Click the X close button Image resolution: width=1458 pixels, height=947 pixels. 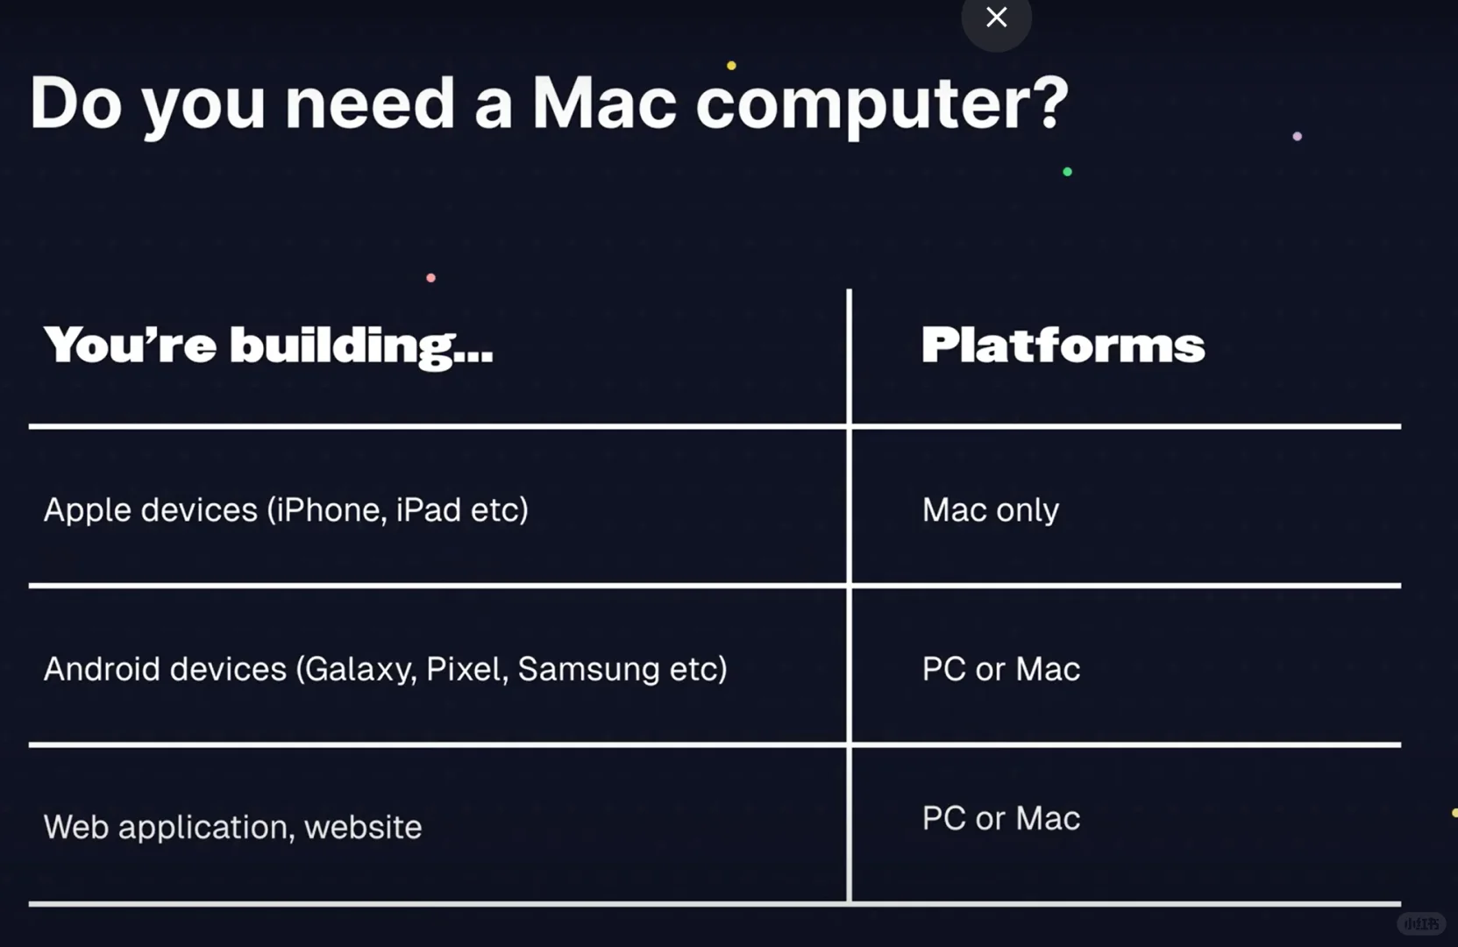click(x=996, y=18)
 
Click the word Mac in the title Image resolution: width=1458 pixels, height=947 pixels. click(x=604, y=104)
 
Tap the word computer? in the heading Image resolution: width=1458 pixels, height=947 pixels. click(x=882, y=104)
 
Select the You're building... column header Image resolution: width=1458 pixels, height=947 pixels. click(x=268, y=345)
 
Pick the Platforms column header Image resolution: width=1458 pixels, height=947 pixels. click(x=1063, y=345)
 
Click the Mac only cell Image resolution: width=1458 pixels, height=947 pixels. click(x=990, y=510)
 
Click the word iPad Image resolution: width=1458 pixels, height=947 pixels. click(x=428, y=510)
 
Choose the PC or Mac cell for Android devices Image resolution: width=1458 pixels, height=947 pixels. click(x=1000, y=669)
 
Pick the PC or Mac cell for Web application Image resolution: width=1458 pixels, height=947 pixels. click(x=1000, y=818)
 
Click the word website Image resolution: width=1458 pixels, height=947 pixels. click(x=363, y=827)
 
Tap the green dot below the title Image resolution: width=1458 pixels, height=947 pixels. click(x=1067, y=172)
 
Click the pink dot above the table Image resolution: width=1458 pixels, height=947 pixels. click(x=430, y=278)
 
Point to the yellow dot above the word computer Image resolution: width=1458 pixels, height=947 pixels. click(x=731, y=66)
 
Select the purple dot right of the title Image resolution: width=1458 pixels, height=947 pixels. click(x=1297, y=137)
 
